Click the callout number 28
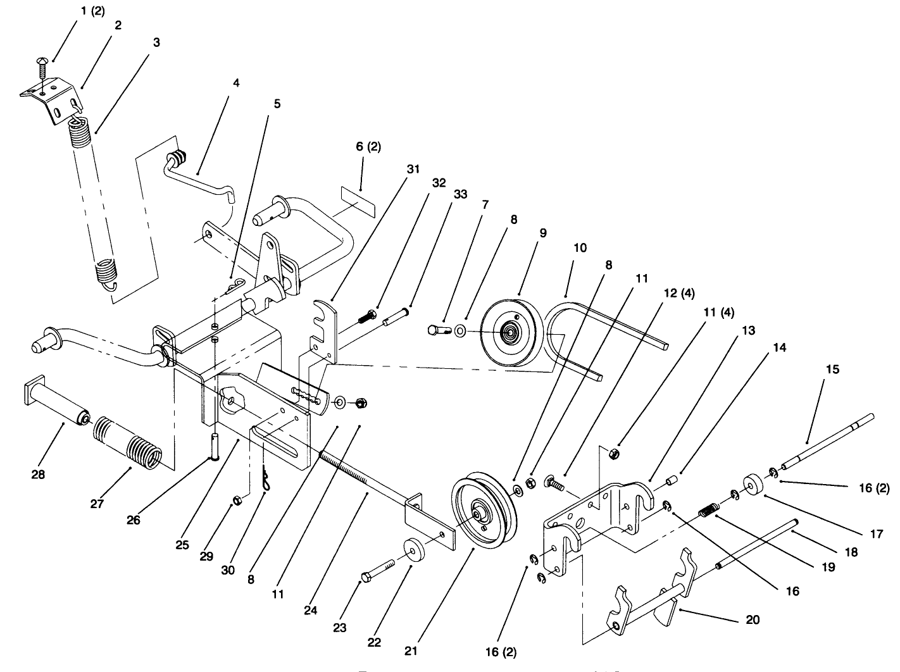(x=39, y=474)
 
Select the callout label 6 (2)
(x=368, y=147)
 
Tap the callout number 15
(x=833, y=369)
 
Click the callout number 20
(x=753, y=619)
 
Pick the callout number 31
(x=413, y=169)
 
